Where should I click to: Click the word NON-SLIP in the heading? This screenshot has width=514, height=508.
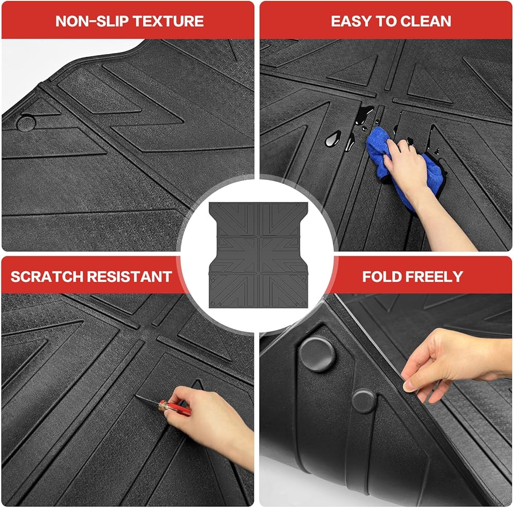click(93, 21)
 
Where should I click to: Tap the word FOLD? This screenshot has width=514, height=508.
click(382, 277)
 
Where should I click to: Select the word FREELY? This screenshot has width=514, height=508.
click(434, 277)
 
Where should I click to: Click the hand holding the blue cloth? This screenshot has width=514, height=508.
click(423, 183)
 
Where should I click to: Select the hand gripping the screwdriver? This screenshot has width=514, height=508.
click(210, 423)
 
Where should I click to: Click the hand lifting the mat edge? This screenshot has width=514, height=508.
click(452, 364)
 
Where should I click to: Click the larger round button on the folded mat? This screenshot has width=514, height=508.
click(317, 354)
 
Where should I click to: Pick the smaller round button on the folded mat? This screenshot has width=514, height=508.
click(364, 401)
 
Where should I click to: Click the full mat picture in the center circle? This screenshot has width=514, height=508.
click(259, 255)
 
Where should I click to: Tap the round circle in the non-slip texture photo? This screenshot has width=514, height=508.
click(26, 123)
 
